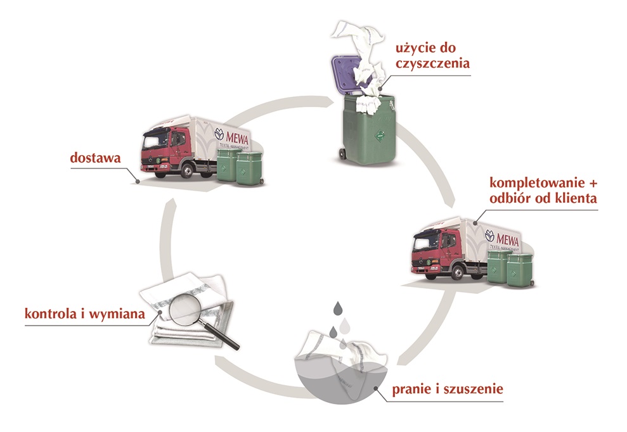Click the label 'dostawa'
(96, 158)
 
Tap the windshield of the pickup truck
(429, 241)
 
